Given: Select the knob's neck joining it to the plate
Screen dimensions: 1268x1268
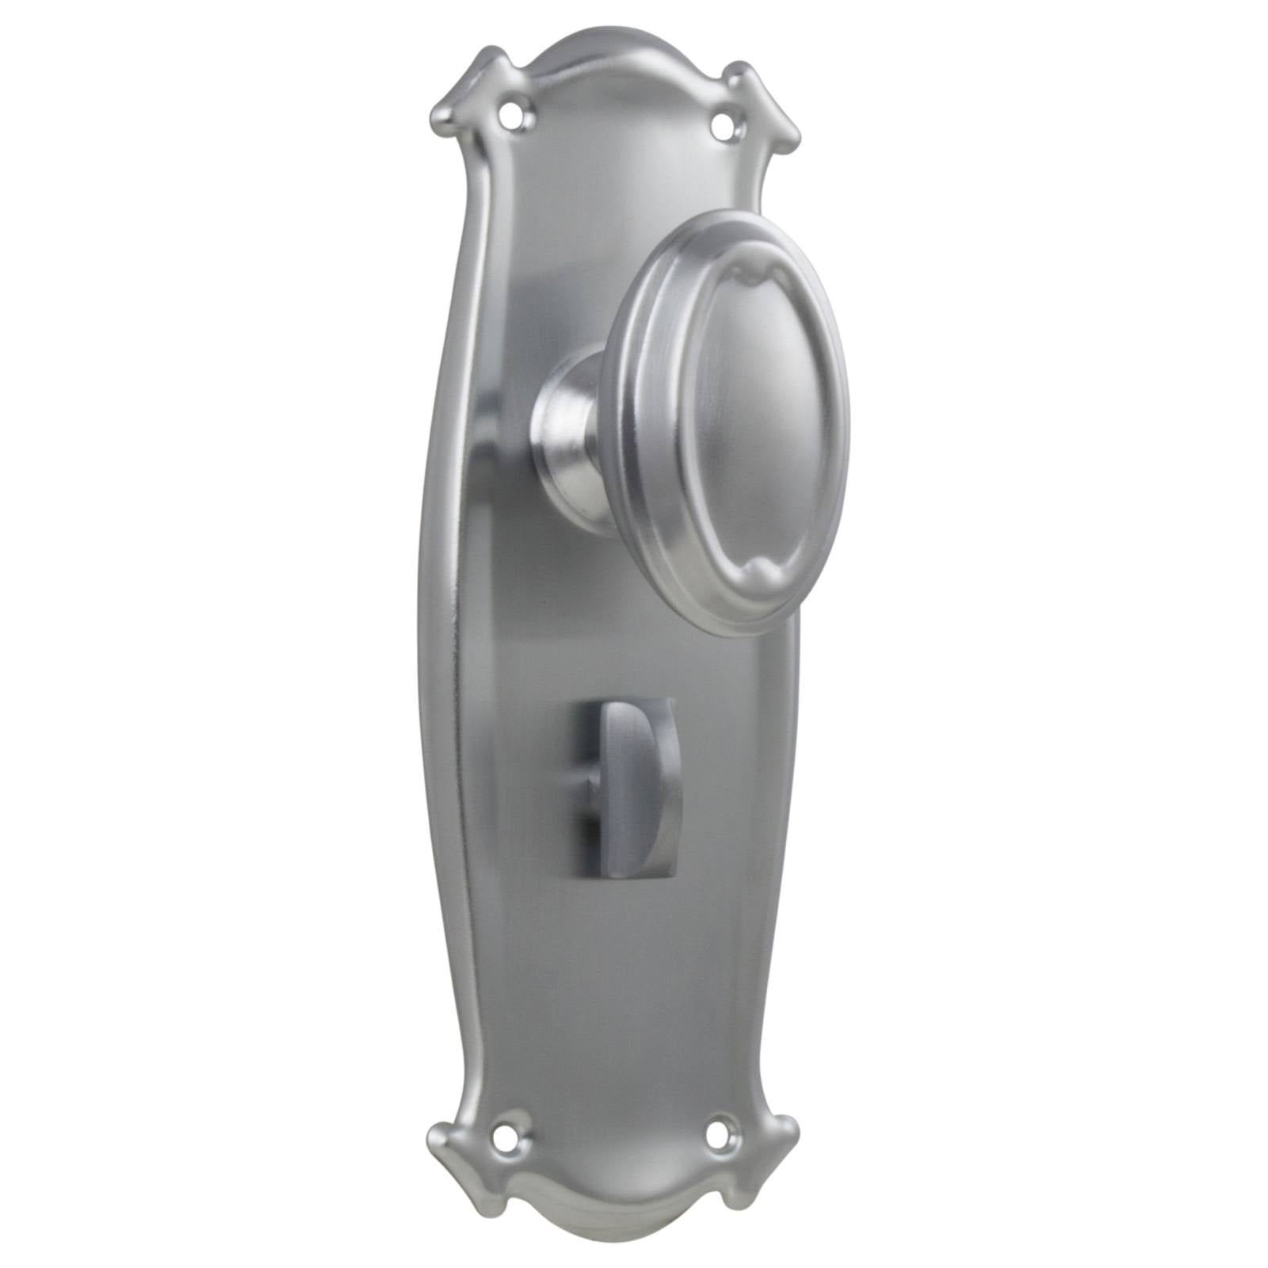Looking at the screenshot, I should coord(569,420).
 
